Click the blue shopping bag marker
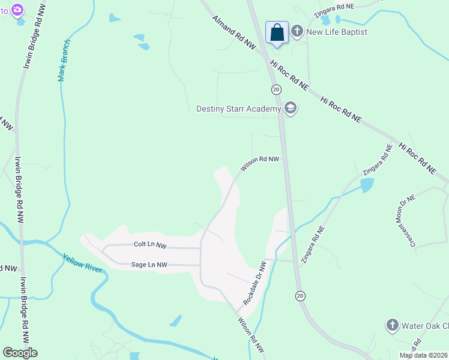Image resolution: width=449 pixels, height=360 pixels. click(x=277, y=32)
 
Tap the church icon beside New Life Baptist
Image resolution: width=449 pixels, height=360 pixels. click(x=297, y=31)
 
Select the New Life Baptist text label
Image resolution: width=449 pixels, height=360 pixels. click(x=336, y=32)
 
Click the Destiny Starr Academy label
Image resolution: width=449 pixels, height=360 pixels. click(x=238, y=109)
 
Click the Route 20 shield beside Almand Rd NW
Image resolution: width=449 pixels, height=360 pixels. click(x=276, y=89)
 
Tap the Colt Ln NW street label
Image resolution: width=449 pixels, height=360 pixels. click(x=150, y=245)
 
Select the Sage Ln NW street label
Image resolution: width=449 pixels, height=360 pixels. click(x=149, y=264)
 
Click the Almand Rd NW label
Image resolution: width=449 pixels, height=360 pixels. click(x=234, y=32)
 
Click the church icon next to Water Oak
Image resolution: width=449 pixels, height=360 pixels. click(x=392, y=325)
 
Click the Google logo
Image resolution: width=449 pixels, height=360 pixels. click(x=20, y=353)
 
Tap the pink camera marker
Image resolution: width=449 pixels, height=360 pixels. click(x=17, y=9)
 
